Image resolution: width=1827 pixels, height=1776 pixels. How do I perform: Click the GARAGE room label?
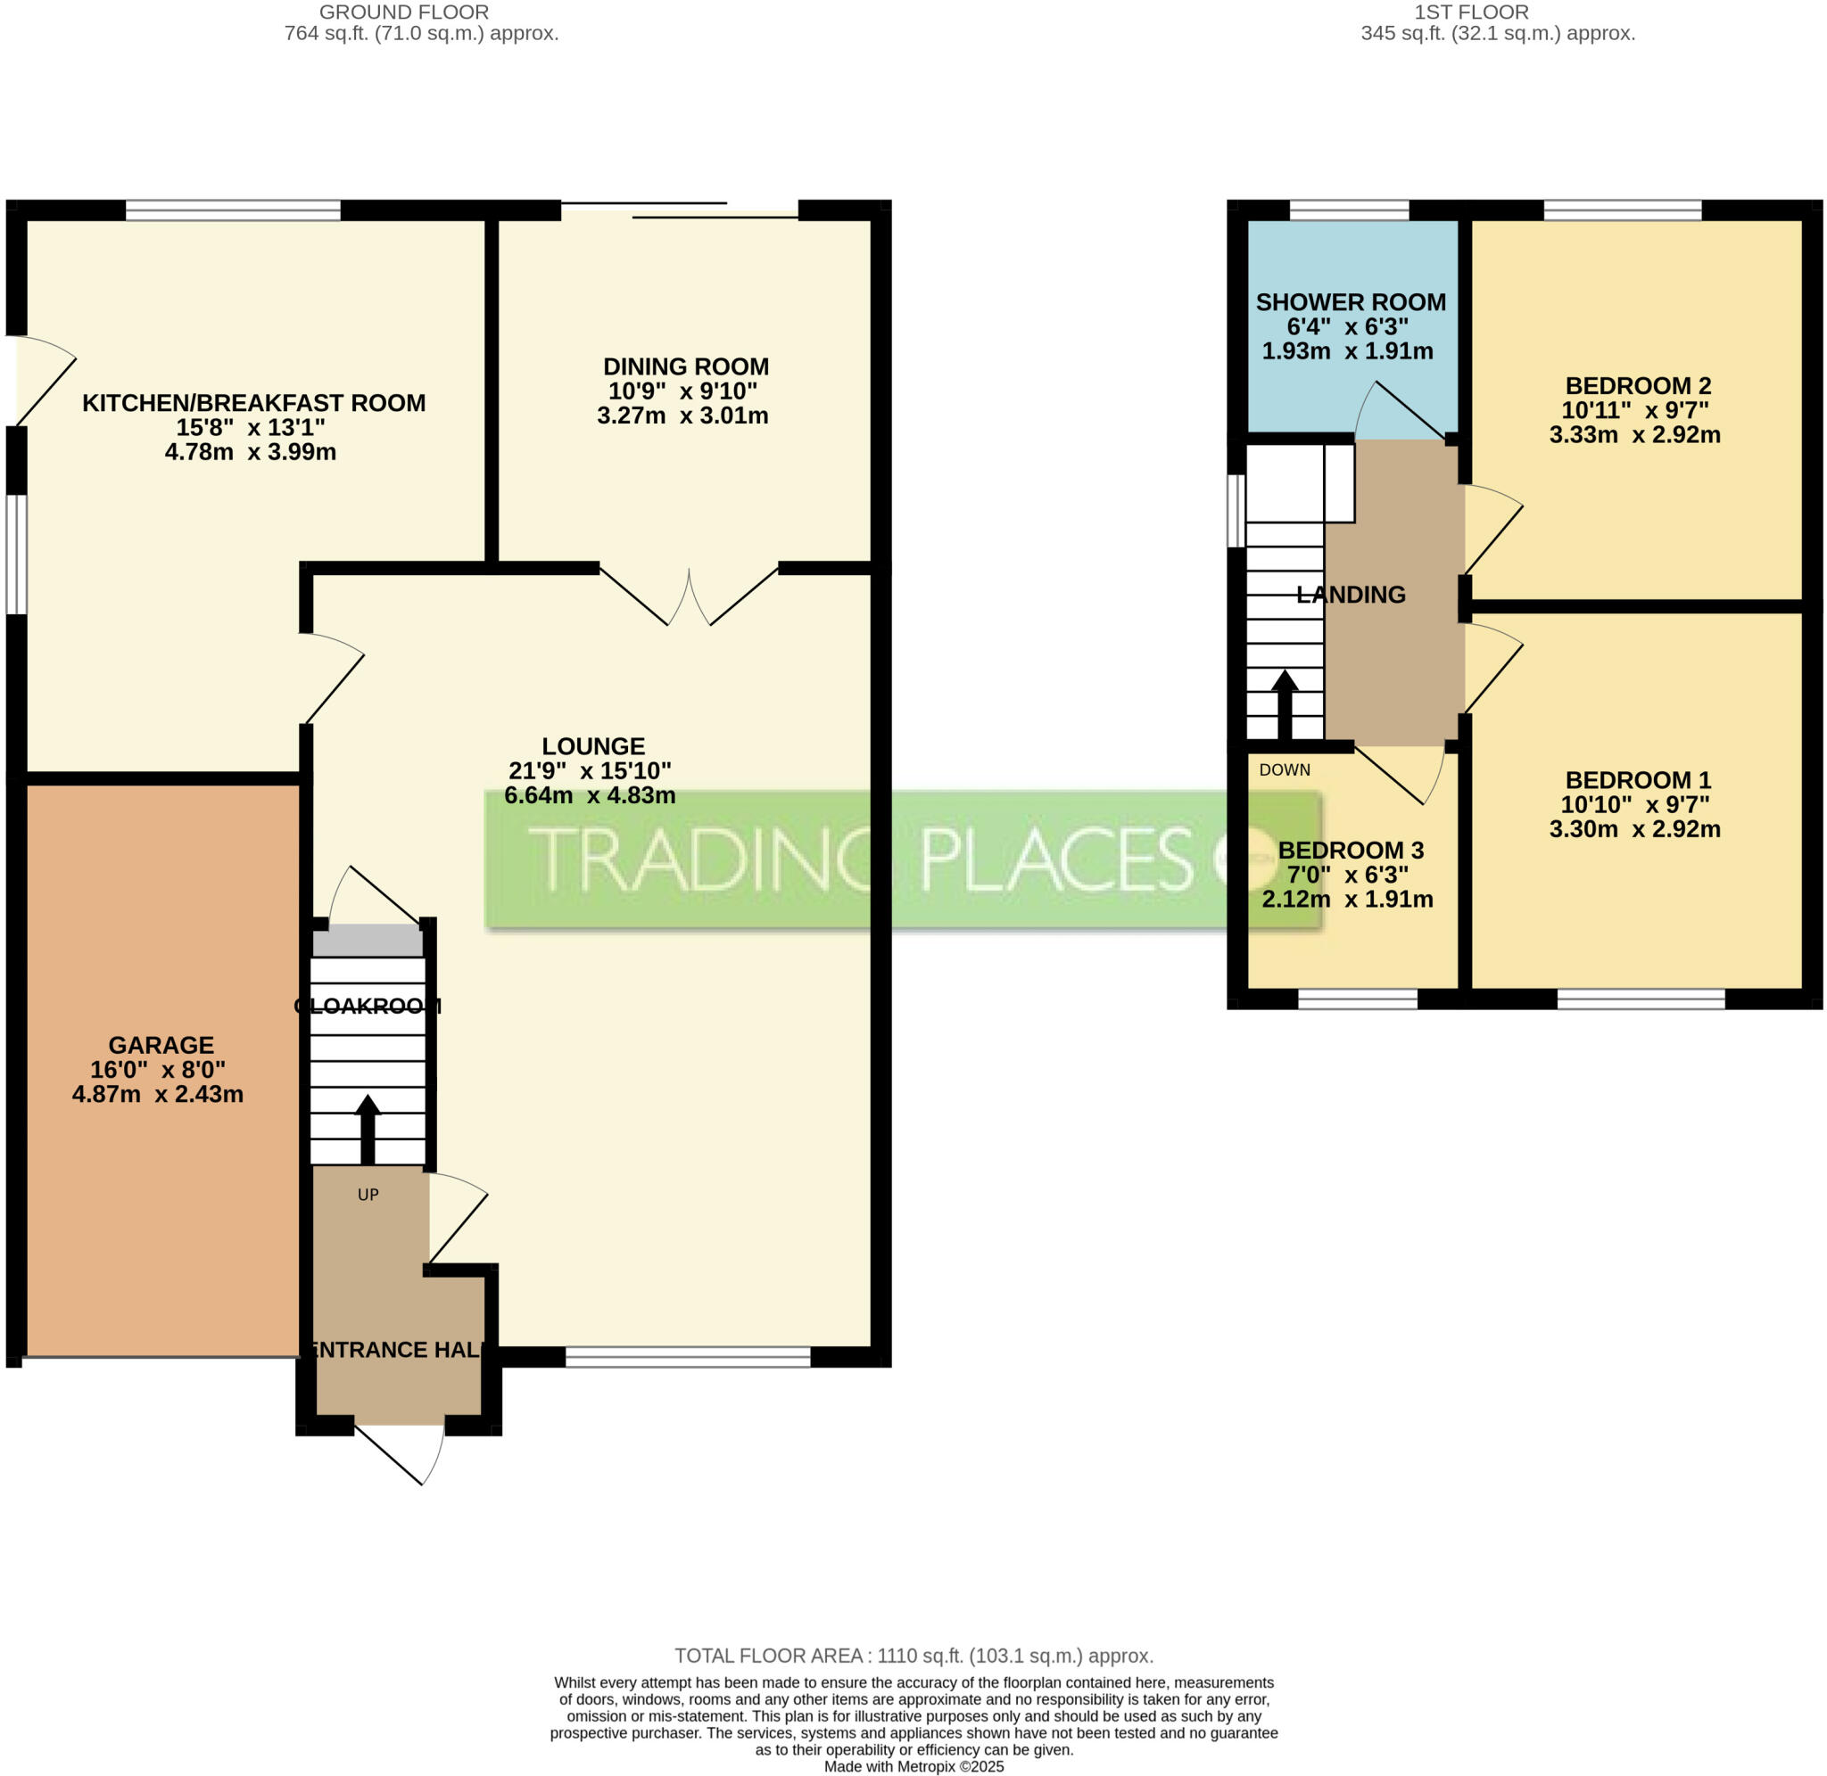coord(161,1045)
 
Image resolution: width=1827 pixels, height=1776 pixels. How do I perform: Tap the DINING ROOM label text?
coord(686,366)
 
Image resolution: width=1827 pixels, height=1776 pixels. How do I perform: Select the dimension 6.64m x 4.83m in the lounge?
coord(590,795)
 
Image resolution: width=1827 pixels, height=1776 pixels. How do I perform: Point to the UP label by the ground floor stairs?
coord(368,1195)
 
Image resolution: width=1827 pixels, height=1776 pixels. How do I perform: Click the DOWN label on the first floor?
coord(1284,769)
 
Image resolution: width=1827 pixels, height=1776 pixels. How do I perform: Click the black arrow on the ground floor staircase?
coord(368,1130)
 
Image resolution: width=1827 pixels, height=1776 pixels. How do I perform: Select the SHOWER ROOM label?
coord(1351,302)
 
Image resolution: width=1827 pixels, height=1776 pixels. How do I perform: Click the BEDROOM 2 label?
coord(1638,385)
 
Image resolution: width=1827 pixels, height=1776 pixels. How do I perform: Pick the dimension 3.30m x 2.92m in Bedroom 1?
coord(1635,829)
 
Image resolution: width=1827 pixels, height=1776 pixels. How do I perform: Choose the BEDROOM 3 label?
coord(1351,850)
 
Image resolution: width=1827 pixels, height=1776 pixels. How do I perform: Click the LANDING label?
coord(1351,594)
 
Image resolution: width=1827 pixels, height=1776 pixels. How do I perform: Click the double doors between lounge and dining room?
coord(689,597)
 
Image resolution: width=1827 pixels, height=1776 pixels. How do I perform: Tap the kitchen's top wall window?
coord(232,210)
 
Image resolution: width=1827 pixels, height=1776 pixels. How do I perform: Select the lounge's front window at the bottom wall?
coord(688,1357)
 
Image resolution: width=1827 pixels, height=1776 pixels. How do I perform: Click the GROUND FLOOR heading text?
coord(404,12)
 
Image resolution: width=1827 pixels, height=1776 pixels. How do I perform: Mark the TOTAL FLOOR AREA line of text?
coord(913,1656)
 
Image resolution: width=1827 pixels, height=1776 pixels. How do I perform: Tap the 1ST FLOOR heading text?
coord(1471,12)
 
